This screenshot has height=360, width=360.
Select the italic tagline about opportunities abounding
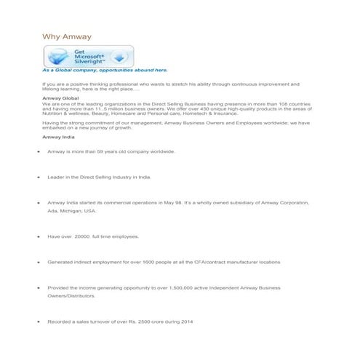tap(105, 71)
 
